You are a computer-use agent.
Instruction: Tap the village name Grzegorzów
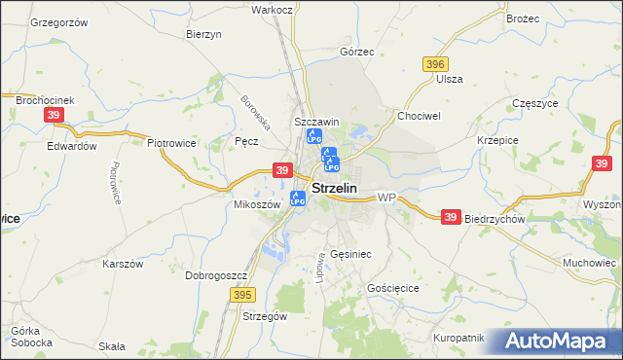59,21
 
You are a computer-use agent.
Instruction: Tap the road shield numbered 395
243,294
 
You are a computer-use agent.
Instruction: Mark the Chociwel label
419,115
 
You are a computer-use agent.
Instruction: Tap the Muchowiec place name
591,263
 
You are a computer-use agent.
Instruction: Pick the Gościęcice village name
393,289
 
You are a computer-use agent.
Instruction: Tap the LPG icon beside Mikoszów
298,198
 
